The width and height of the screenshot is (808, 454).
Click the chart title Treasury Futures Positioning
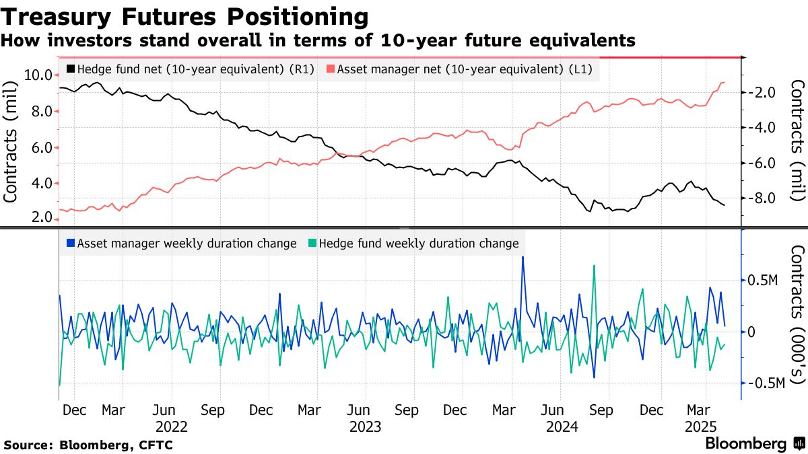pos(184,16)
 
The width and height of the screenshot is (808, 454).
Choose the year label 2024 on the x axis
pos(562,426)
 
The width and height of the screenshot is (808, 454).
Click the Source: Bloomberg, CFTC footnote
pos(88,445)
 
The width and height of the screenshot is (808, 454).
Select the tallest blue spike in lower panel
pos(523,257)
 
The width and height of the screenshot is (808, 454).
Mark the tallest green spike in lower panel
pos(594,266)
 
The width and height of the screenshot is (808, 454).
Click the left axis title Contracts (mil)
pos(11,141)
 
